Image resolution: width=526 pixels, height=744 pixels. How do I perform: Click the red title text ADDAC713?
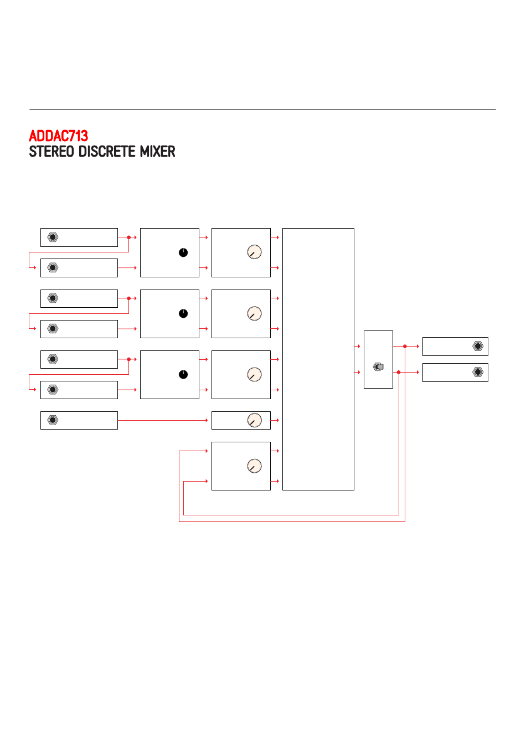(59, 136)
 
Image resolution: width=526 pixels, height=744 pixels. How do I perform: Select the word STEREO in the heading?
(51, 152)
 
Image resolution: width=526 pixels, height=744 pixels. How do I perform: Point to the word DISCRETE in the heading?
(107, 152)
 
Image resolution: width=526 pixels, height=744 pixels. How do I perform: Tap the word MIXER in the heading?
(157, 152)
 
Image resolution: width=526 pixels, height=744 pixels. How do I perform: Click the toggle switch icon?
(379, 366)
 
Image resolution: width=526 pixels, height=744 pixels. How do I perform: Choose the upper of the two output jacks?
(478, 346)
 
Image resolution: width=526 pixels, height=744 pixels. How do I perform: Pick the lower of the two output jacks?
(478, 372)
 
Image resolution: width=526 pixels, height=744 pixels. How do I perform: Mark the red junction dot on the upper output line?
(405, 346)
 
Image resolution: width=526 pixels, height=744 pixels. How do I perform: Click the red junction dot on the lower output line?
(399, 373)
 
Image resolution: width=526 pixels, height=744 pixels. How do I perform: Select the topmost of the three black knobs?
(183, 252)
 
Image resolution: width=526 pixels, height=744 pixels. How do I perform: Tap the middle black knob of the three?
(183, 313)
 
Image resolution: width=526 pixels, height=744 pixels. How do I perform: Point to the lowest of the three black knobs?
(183, 374)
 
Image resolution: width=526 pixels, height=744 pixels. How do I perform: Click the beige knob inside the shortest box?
(255, 420)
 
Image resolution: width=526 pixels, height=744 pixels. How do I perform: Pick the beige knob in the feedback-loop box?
(255, 466)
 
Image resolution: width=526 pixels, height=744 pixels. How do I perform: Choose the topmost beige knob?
(255, 252)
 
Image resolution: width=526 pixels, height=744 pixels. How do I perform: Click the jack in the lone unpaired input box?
(53, 420)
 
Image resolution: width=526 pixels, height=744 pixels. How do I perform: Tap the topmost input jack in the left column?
(53, 237)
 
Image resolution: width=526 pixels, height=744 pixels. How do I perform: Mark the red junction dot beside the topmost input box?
(129, 237)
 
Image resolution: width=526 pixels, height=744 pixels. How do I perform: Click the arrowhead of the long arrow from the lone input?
(207, 420)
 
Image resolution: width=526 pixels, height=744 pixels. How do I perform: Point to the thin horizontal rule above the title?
(262, 109)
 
